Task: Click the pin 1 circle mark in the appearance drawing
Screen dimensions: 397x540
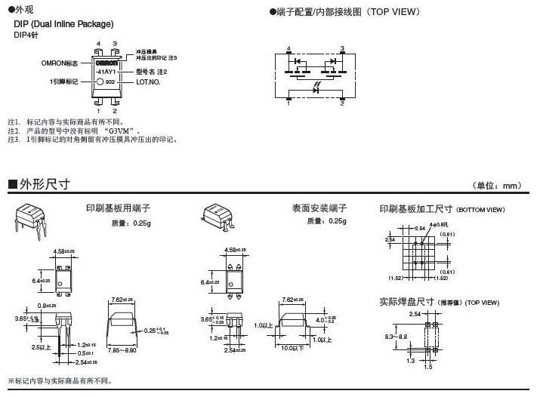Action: [100, 81]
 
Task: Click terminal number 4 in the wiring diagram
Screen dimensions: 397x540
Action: [289, 48]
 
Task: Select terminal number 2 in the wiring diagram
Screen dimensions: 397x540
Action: [342, 103]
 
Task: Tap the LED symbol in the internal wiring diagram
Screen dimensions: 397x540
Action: [315, 89]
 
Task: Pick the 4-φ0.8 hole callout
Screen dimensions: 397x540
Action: [438, 225]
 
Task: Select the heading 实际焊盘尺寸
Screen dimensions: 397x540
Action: [406, 301]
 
